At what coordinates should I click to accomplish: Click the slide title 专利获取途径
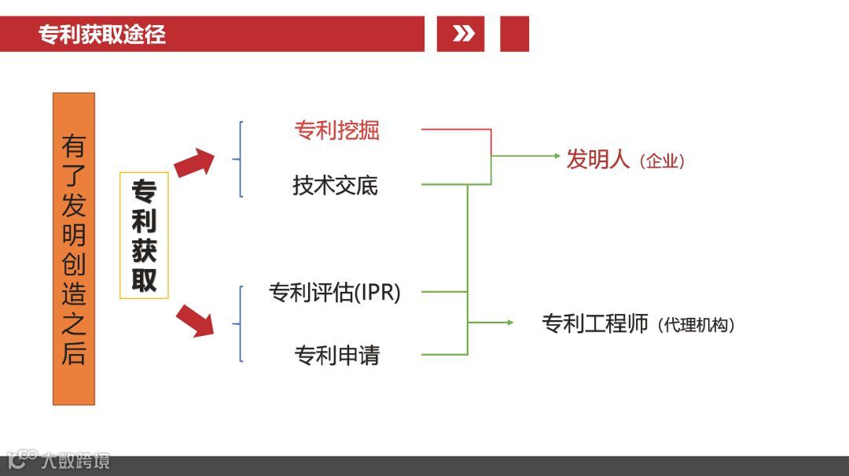(102, 35)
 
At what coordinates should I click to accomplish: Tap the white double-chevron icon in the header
(463, 34)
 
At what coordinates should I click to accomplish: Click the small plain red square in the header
(514, 34)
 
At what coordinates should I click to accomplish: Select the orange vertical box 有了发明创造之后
(74, 249)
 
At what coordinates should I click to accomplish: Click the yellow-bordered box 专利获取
(144, 235)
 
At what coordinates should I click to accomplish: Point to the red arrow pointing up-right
(194, 162)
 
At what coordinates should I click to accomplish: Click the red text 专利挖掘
(336, 130)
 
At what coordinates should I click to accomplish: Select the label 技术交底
(335, 186)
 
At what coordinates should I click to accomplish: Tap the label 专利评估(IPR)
(335, 293)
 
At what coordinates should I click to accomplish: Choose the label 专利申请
(336, 356)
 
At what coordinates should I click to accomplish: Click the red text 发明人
(598, 159)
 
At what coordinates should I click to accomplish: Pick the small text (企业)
(662, 162)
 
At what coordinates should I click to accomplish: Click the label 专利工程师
(595, 323)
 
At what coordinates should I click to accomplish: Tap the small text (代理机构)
(698, 325)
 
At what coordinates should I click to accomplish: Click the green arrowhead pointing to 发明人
(557, 156)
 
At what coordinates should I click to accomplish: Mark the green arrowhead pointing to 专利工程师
(509, 323)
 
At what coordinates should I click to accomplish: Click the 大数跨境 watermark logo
(59, 459)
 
